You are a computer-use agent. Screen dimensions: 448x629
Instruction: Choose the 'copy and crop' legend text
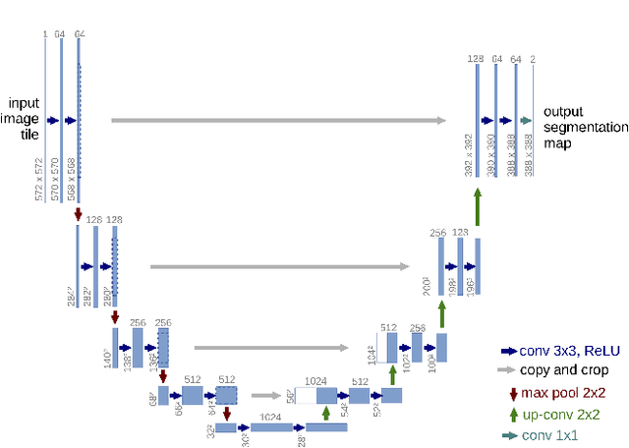click(x=561, y=370)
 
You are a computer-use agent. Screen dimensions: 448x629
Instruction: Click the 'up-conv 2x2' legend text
click(x=559, y=415)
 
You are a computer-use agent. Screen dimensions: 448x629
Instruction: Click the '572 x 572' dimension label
click(x=39, y=180)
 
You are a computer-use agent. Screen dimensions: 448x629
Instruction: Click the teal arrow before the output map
click(x=526, y=121)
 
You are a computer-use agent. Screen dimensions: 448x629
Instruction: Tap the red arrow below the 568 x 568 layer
click(x=78, y=213)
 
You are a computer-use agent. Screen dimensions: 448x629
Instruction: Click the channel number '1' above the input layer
click(x=44, y=34)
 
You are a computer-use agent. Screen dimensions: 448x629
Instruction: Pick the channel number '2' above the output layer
click(x=533, y=60)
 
